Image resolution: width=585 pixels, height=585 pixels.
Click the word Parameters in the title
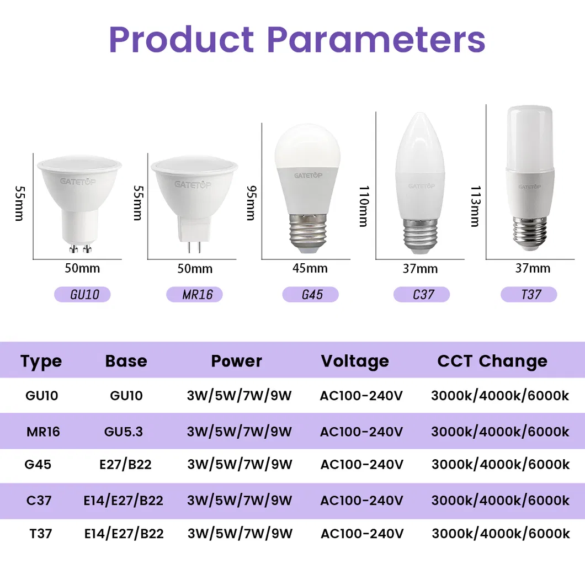[376, 39]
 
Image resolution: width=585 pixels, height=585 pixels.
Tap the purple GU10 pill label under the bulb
[82, 294]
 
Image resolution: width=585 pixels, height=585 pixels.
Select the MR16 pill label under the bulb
[194, 294]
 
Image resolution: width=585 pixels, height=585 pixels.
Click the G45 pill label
[310, 294]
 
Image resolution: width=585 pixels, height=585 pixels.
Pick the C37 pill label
[421, 294]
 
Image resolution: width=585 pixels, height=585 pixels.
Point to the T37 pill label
[529, 294]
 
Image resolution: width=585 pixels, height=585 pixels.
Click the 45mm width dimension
[310, 268]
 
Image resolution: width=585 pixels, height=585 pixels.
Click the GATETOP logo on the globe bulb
[309, 175]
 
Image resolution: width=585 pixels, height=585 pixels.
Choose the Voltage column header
[355, 361]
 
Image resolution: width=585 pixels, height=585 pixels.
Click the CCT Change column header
[492, 361]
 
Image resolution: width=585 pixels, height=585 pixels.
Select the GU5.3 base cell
[124, 431]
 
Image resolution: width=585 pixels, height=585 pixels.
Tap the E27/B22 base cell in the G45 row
[125, 465]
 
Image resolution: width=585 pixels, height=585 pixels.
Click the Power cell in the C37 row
[240, 501]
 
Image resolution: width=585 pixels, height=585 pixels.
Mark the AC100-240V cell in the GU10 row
[361, 396]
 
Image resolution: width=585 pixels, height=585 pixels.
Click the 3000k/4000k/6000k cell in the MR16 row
[500, 431]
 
